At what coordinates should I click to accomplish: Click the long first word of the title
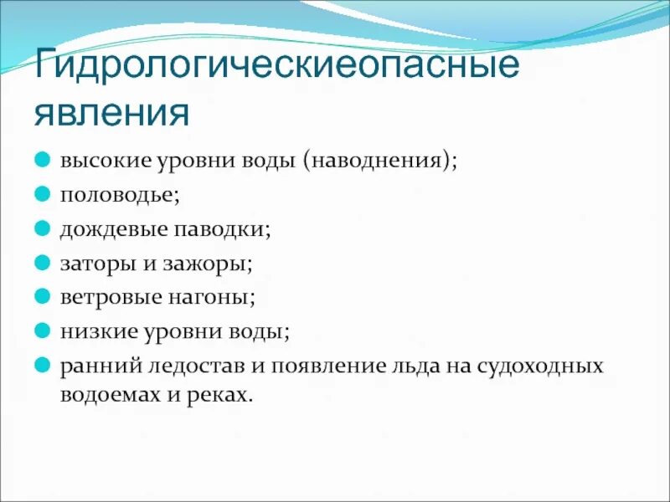pyautogui.click(x=276, y=66)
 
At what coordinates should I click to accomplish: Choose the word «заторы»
pyautogui.click(x=92, y=263)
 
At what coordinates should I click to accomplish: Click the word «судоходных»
pyautogui.click(x=540, y=366)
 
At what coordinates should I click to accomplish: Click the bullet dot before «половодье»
pyautogui.click(x=42, y=193)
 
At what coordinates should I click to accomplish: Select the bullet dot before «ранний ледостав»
pyautogui.click(x=42, y=365)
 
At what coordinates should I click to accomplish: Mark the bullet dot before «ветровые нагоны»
pyautogui.click(x=42, y=296)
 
